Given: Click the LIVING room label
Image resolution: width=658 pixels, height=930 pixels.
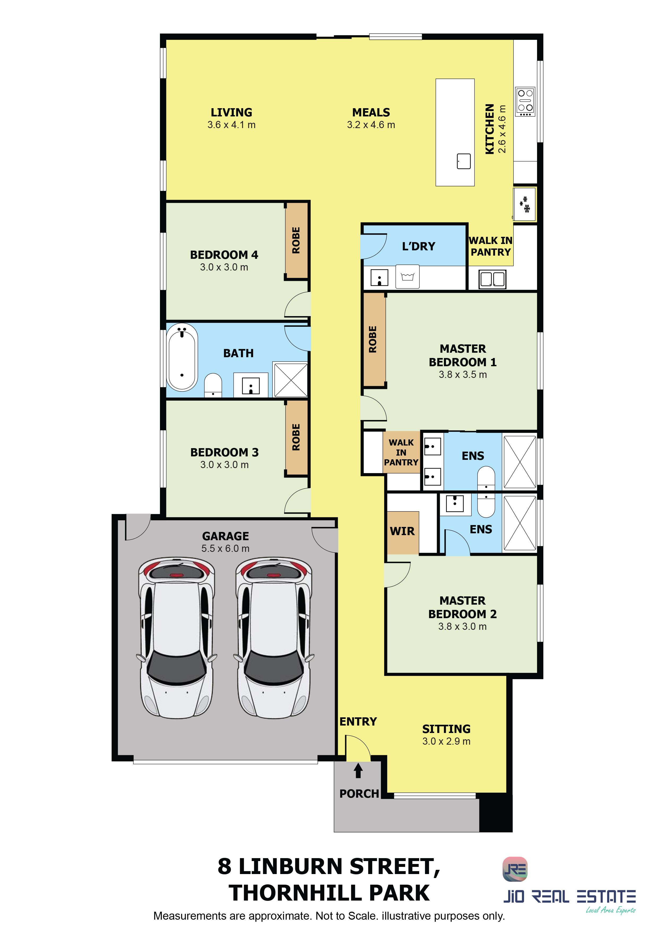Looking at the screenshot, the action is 231,112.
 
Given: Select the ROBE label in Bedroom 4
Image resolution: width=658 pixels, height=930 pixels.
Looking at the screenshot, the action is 296,240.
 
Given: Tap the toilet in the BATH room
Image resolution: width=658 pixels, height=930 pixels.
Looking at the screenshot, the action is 213,385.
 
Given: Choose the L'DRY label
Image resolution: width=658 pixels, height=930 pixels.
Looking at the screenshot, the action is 418,246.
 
